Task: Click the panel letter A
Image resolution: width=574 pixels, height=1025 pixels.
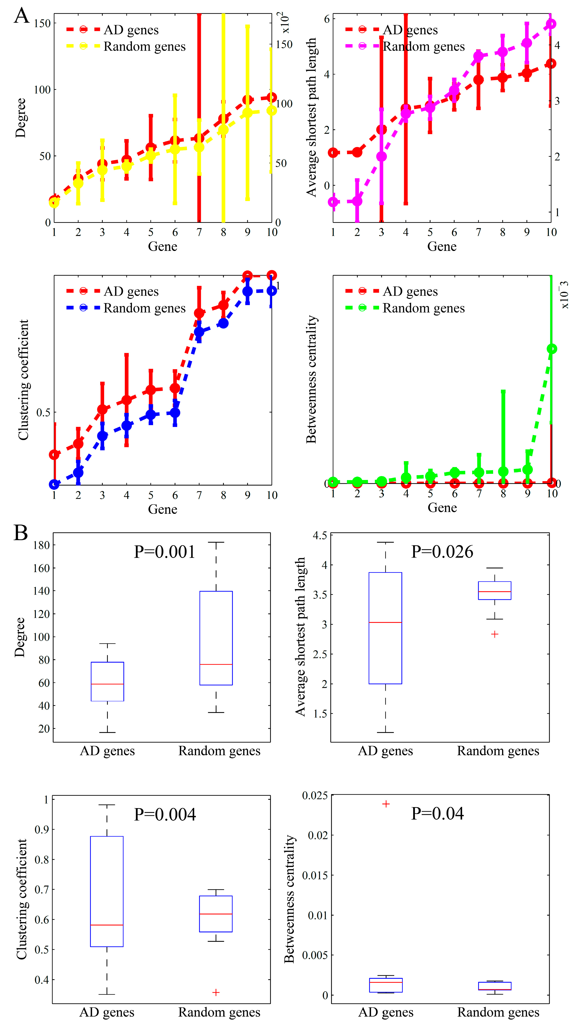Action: pyautogui.click(x=22, y=16)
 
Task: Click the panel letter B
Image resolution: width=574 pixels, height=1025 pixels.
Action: pyautogui.click(x=21, y=532)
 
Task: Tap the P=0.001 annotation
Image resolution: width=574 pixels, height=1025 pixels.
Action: pyautogui.click(x=164, y=552)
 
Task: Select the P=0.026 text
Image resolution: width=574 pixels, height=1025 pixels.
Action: pyautogui.click(x=442, y=552)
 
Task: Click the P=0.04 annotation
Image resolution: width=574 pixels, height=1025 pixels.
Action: pyautogui.click(x=437, y=813)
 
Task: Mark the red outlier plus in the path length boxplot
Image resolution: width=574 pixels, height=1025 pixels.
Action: pyautogui.click(x=494, y=634)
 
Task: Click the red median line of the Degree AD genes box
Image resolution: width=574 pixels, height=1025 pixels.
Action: pyautogui.click(x=108, y=684)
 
